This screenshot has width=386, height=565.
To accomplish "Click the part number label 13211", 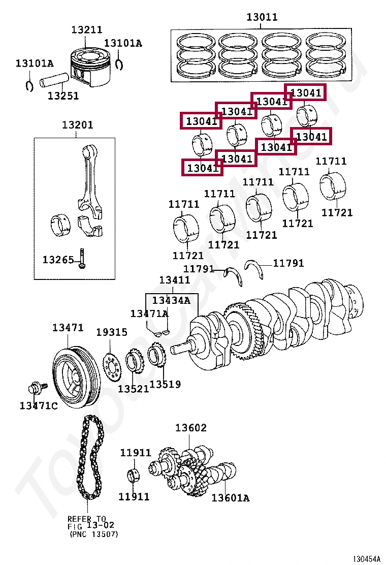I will pos(86,30).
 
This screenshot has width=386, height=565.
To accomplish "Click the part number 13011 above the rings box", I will pos(262,17).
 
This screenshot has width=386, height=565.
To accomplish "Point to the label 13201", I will pos(77,125).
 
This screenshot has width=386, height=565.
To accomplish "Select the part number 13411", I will pos(174,280).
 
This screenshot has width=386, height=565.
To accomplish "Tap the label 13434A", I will pos(171,300).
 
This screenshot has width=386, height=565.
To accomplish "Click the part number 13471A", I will pos(149,313).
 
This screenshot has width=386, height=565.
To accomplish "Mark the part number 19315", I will pos(112,332).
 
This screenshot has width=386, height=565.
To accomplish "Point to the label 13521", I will pos(133,389).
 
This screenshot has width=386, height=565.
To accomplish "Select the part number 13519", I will pos(165,385).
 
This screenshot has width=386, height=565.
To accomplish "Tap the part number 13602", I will pos(191,428).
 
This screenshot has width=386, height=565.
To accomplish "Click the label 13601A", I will pos(230,498).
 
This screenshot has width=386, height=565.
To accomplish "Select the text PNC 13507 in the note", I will pos(93,534).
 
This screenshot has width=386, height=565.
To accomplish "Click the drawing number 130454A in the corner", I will pos(367,559).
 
